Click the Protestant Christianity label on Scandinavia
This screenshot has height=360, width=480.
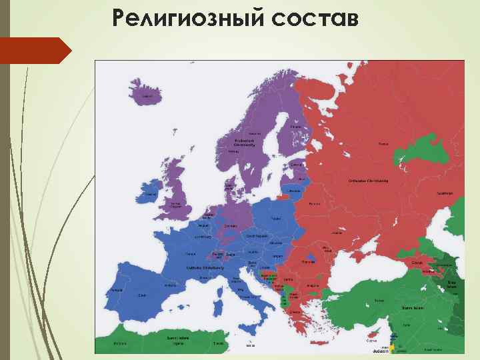point(245,142)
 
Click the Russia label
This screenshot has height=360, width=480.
point(383,143)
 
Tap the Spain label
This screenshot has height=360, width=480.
point(141,294)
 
